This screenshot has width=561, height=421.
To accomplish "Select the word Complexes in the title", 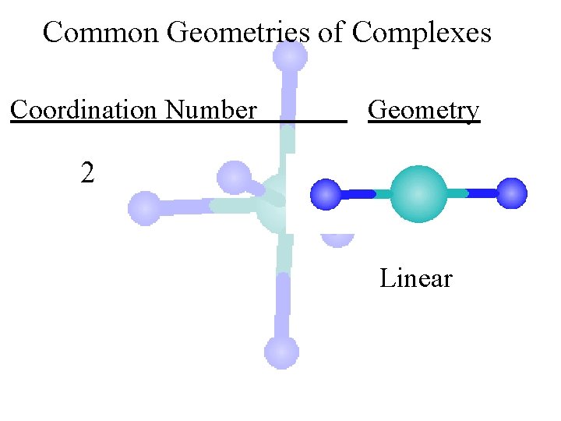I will tap(422, 33).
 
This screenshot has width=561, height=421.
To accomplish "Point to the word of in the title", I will tap(332, 33).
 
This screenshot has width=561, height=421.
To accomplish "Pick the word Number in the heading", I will tap(210, 110).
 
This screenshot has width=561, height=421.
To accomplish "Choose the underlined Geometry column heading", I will tap(424, 110).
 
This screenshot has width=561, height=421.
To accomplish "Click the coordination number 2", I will tap(87, 172).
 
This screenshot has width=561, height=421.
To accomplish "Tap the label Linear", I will tap(415, 278).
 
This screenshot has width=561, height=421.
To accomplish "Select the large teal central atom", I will tap(418, 194).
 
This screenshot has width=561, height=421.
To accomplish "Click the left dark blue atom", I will tap(326, 194).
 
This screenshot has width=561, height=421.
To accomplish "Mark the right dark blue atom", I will tap(512, 193).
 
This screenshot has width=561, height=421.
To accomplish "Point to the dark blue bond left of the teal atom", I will tap(358, 194).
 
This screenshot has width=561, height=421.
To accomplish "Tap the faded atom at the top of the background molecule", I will tap(290, 56).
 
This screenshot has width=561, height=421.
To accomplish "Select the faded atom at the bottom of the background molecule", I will tap(281, 352).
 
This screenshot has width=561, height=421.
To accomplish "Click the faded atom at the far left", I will tap(144, 208).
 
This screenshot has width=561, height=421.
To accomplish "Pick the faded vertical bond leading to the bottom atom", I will tap(282, 304).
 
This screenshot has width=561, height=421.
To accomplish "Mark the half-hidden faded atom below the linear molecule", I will tap(338, 239).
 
